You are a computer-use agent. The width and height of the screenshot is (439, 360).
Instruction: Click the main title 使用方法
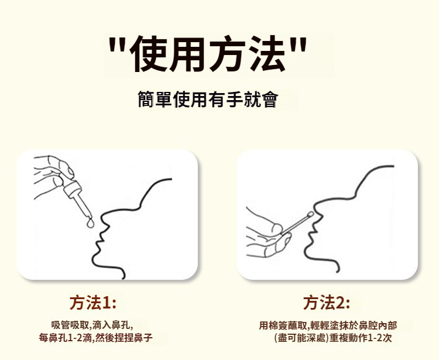tap(207, 53)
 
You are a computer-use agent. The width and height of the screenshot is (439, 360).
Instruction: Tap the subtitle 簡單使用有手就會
tap(208, 99)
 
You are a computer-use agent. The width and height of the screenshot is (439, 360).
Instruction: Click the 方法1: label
tap(92, 303)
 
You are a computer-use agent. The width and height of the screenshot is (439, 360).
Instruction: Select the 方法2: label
tap(326, 303)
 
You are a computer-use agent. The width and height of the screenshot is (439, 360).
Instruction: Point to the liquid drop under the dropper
tap(90, 223)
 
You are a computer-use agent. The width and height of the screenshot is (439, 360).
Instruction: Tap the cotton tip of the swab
tap(310, 215)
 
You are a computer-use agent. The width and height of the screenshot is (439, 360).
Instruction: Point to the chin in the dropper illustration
tap(97, 258)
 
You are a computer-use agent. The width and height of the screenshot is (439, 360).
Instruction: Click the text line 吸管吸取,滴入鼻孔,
tap(92, 325)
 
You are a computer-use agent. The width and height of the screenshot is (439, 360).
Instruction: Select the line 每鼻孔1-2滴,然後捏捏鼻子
tap(96, 338)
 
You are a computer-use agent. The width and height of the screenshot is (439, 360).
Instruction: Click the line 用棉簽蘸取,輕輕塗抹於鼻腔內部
tap(328, 325)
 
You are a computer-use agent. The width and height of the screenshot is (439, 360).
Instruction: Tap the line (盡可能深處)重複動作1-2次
tap(333, 338)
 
